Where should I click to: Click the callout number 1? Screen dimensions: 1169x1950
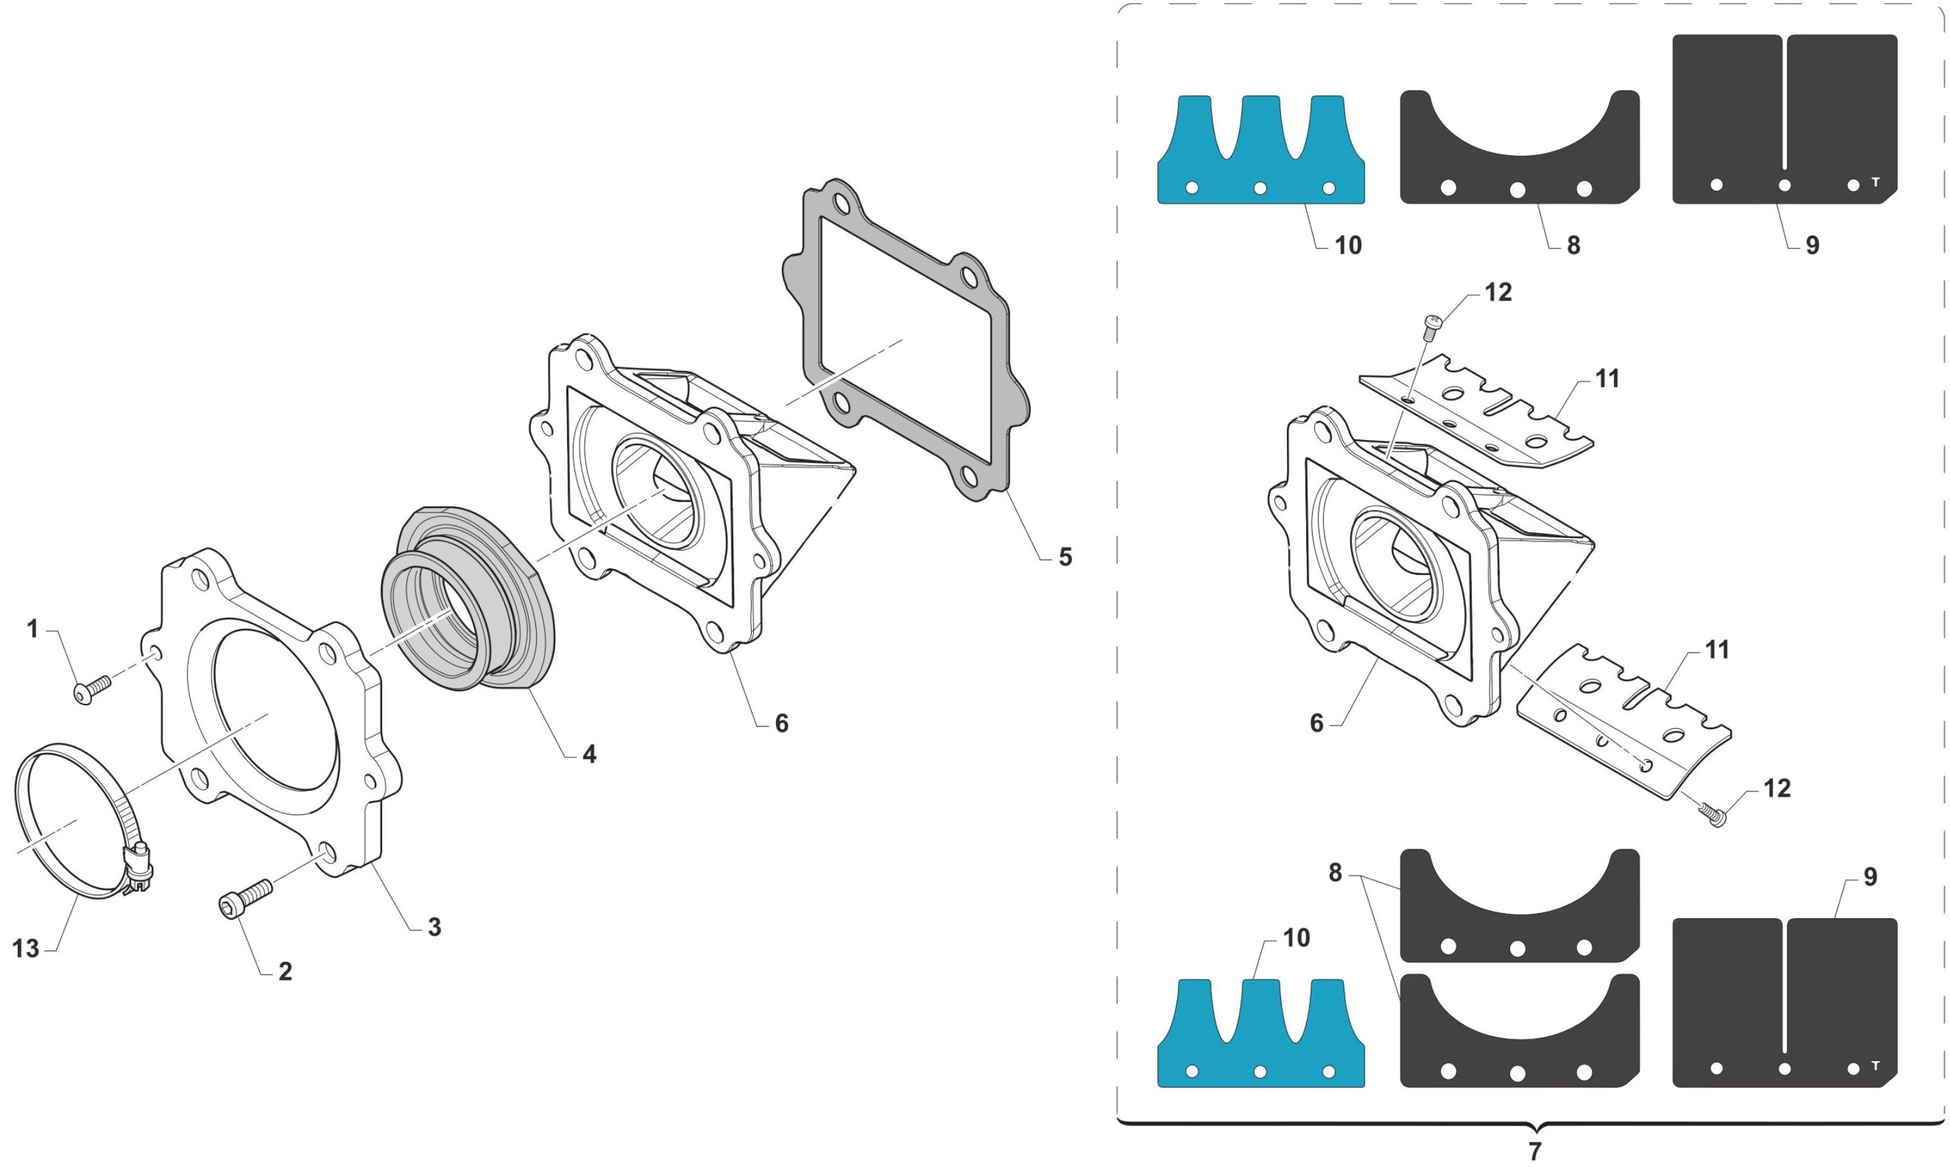[32, 630]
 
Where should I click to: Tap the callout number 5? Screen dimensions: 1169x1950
[1065, 558]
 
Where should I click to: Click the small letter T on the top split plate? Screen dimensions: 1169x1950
[1875, 182]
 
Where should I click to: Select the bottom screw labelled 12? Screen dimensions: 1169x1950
[1713, 815]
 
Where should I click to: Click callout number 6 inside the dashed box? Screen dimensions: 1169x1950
[1316, 723]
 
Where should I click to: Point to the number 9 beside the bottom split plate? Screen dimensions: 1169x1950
[1870, 877]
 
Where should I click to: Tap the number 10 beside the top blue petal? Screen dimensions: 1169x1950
[1348, 246]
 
